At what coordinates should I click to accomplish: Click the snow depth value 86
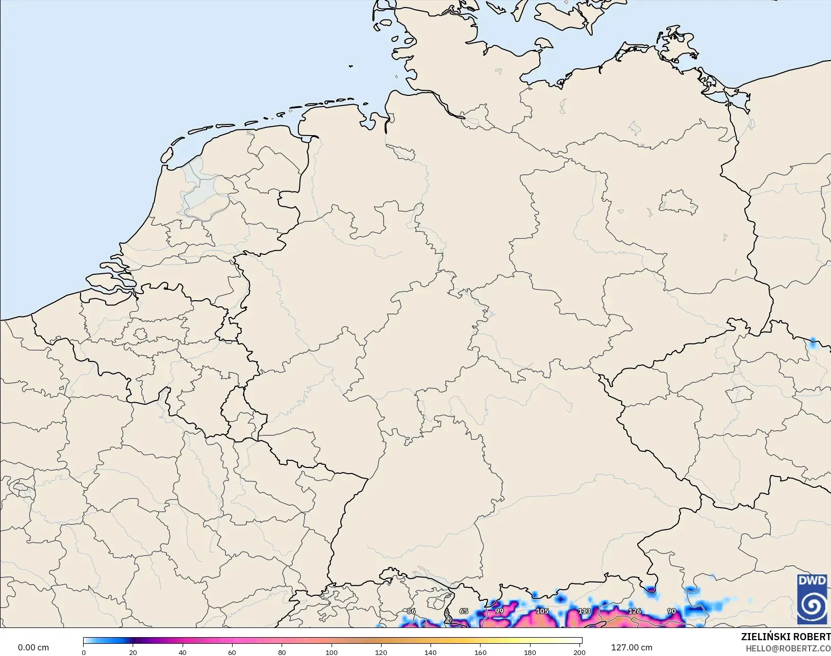411,611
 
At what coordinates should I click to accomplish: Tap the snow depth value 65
463,611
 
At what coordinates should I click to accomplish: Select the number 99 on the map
499,611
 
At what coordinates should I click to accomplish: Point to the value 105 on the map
542,611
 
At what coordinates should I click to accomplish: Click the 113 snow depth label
584,611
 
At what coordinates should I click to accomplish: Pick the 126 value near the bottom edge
634,611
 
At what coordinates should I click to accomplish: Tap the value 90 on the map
671,611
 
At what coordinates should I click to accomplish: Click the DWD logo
812,598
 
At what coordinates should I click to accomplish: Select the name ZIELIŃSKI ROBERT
786,637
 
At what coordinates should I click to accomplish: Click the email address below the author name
788,648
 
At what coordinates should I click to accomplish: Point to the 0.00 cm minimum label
33,647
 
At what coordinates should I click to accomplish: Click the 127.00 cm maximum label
632,647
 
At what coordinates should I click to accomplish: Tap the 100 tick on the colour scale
332,652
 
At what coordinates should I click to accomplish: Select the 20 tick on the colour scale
133,652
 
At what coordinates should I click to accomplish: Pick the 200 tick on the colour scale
579,652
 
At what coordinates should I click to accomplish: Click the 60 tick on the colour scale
232,652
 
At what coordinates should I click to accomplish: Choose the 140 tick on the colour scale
431,652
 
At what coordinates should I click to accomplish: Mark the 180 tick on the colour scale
530,652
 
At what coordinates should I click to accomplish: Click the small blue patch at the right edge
813,343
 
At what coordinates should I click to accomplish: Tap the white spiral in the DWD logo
812,605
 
